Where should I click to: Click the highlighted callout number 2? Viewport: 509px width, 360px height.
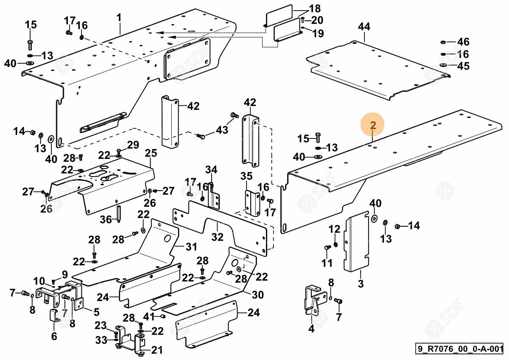(373, 125)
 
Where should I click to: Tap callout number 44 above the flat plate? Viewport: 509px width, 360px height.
(364, 27)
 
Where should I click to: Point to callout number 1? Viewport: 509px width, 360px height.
(119, 17)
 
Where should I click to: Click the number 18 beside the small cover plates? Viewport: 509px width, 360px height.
(315, 9)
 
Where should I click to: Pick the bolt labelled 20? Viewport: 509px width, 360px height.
(302, 20)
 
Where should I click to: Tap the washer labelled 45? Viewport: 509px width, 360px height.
(443, 65)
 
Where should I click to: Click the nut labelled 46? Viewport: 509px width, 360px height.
(443, 42)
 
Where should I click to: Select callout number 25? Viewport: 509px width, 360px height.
(151, 153)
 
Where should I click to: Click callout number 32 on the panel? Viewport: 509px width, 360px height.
(217, 237)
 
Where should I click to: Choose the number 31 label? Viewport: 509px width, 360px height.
(191, 246)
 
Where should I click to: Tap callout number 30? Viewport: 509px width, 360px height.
(257, 295)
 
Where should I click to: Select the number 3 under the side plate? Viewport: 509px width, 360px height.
(361, 284)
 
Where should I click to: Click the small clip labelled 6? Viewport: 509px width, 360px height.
(54, 316)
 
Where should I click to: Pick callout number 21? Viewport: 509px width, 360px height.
(157, 350)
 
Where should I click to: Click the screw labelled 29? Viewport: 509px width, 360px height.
(119, 152)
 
